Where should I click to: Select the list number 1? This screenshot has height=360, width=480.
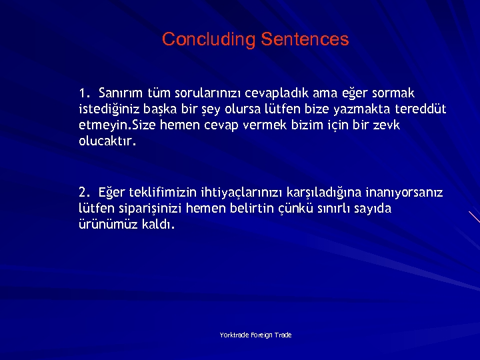(x=83, y=91)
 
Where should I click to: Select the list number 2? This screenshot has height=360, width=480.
(x=83, y=193)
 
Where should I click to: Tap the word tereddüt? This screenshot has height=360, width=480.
(x=420, y=108)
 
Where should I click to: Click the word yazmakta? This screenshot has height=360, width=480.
(x=363, y=108)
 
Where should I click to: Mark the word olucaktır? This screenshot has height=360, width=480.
(x=107, y=141)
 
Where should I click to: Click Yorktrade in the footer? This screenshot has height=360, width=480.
(x=235, y=335)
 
